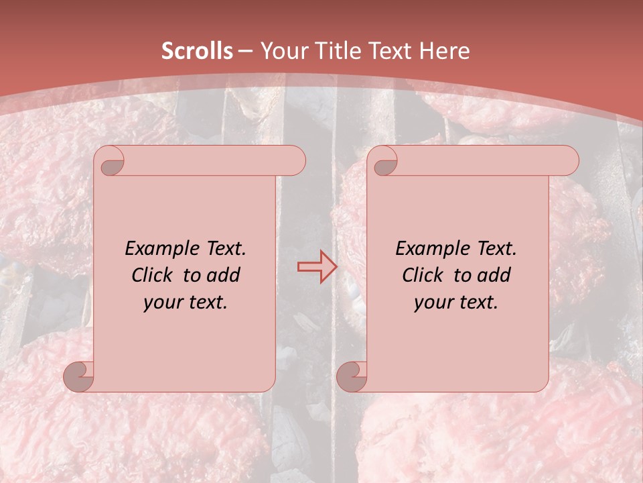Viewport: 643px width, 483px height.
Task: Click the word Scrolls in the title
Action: (x=197, y=51)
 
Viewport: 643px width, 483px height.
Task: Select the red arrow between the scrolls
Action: (x=317, y=267)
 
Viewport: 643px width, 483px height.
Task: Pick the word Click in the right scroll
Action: (x=423, y=275)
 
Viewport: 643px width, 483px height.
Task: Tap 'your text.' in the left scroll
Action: (x=186, y=303)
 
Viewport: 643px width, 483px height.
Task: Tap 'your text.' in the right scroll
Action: (x=456, y=303)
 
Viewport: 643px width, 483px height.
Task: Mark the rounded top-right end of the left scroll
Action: (x=295, y=160)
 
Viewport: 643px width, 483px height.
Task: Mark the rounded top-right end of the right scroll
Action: (x=568, y=160)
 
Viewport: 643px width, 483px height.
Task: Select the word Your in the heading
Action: (x=282, y=51)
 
